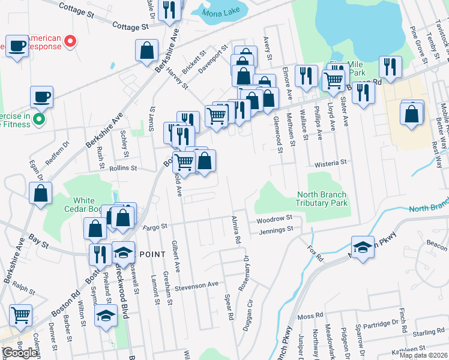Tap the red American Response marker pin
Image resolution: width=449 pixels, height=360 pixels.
click(x=70, y=42)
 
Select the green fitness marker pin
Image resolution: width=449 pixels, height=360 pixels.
click(x=40, y=119)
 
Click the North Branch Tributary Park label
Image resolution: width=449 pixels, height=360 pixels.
click(x=322, y=199)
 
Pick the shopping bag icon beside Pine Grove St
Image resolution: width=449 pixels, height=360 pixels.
click(x=411, y=113)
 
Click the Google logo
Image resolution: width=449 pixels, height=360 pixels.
click(x=20, y=353)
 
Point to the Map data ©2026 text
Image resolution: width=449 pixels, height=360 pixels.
click(x=423, y=355)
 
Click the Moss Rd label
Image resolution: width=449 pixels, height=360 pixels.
click(x=310, y=315)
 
